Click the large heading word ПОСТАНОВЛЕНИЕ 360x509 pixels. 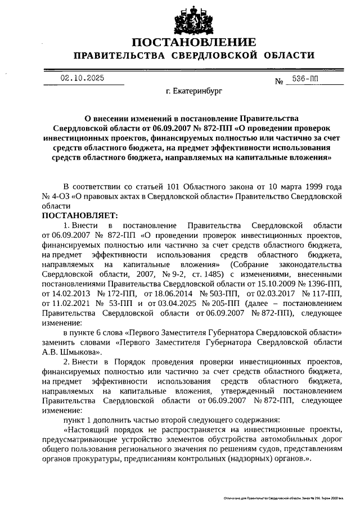point(194,42)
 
